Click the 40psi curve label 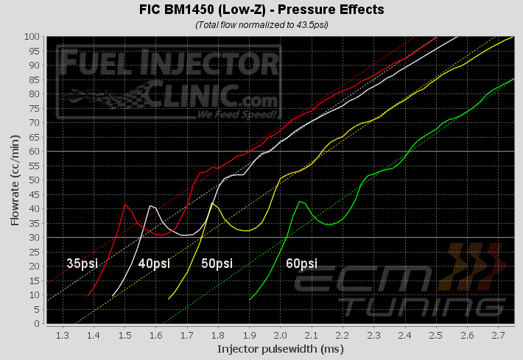click(x=152, y=263)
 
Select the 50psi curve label click(x=216, y=263)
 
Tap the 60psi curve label click(x=301, y=263)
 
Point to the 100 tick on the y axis click(x=31, y=36)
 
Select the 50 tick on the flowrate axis click(x=33, y=180)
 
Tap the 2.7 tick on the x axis click(x=498, y=334)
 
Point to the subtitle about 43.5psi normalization click(x=261, y=24)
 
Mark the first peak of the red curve click(x=125, y=204)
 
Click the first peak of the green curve click(x=299, y=201)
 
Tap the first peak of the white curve click(x=150, y=205)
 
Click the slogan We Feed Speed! click(x=236, y=115)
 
